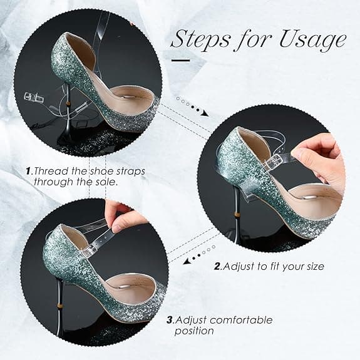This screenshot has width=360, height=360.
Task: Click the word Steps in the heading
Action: coord(200,39)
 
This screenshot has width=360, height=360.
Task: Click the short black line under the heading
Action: coord(181,60)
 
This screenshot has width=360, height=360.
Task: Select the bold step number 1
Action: coord(28,171)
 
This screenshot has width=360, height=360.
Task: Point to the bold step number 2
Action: coord(217,266)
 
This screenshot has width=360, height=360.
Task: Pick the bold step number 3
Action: coord(170,320)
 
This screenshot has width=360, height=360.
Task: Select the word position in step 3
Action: coord(194,331)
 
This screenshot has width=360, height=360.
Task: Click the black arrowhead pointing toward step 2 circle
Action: coord(205,113)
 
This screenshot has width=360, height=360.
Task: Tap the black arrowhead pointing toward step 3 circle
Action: coord(186,262)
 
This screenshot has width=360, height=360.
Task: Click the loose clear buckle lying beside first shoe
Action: coord(34,98)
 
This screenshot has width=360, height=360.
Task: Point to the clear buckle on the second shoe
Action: coord(272,163)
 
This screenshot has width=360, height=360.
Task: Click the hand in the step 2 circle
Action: coord(319,158)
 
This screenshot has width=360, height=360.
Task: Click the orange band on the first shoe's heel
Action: coord(68,103)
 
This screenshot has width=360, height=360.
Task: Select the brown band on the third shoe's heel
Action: coord(60,306)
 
